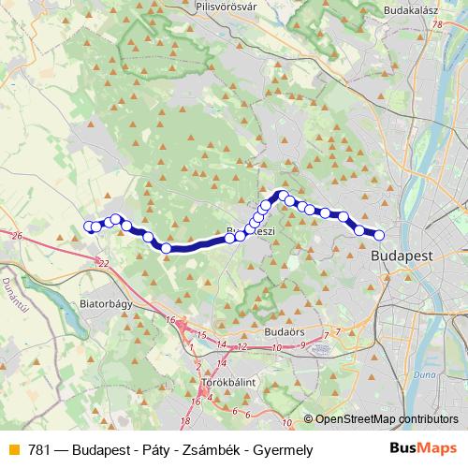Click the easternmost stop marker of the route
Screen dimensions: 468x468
(379, 235)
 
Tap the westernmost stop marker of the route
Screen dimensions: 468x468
(90, 226)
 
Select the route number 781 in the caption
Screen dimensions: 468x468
(39, 450)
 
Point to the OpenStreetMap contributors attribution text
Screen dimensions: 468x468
(381, 419)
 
